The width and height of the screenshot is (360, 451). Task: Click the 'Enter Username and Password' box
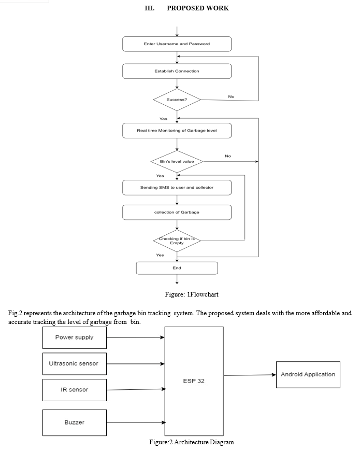177,44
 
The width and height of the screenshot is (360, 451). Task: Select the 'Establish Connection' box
177,71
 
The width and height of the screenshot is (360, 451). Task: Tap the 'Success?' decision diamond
177,100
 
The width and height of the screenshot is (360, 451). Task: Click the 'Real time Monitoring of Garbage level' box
177,131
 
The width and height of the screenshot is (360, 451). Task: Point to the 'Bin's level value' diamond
177,161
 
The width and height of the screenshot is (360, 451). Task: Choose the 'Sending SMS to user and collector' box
177,188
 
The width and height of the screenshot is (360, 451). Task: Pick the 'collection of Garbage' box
177,212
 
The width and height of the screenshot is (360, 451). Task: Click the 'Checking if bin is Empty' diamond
177,241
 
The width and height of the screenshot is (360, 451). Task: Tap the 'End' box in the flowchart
177,268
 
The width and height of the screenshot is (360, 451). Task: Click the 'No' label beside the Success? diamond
232,96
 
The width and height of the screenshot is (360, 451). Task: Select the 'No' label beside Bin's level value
228,156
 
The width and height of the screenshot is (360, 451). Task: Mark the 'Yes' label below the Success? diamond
163,119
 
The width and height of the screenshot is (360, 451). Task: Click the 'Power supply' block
75,337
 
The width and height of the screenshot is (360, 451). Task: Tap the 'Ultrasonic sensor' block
75,364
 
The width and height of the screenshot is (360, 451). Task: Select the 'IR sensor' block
75,390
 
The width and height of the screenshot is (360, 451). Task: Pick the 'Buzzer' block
75,422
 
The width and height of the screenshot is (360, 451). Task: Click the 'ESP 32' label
194,381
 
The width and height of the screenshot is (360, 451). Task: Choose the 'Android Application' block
308,375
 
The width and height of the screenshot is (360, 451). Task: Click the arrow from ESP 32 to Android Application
250,375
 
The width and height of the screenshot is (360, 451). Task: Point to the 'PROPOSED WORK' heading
198,8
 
